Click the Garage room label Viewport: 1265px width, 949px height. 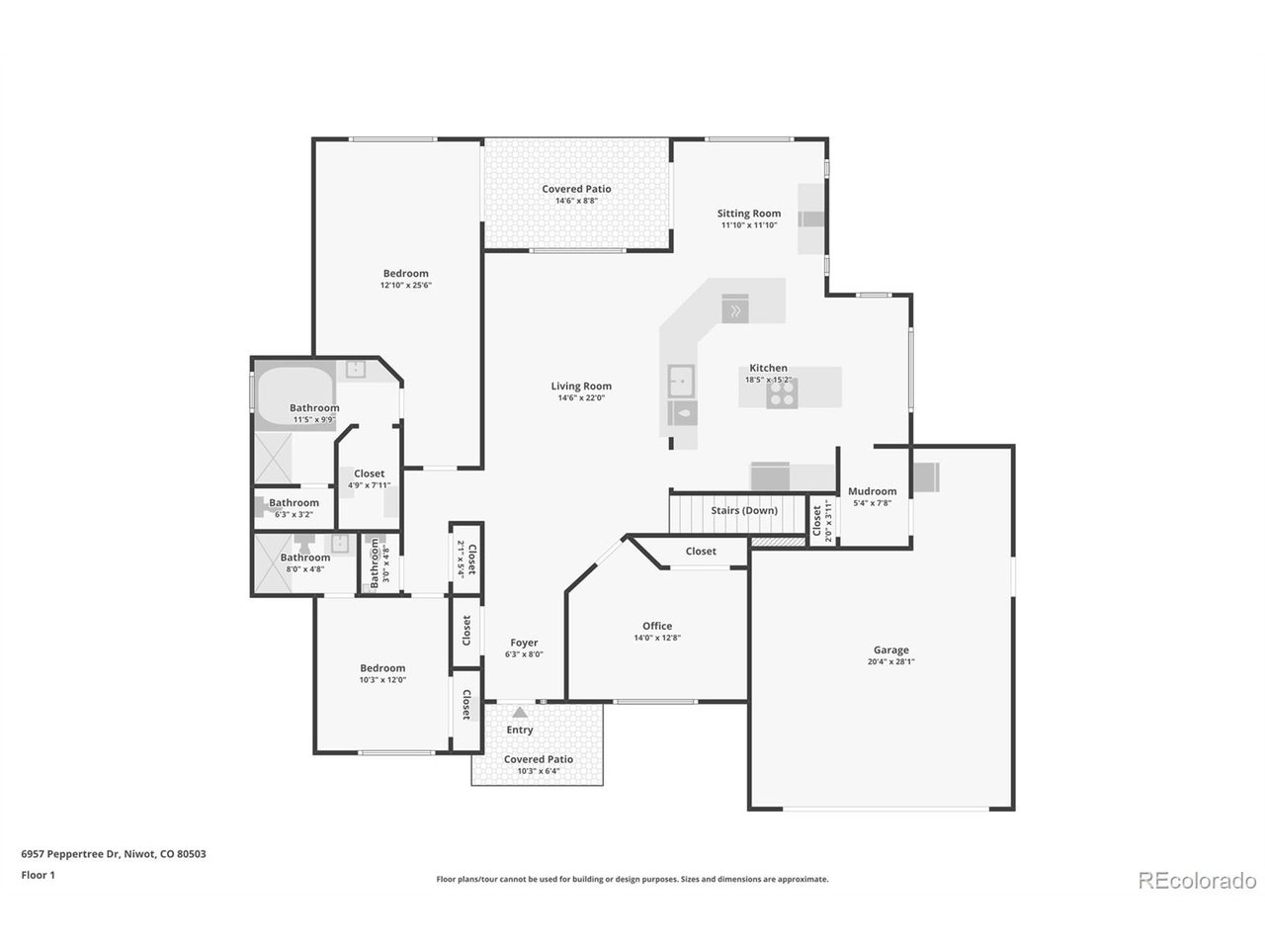tap(890, 649)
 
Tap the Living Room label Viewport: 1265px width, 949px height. tap(581, 387)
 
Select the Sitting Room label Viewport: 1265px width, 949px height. tap(749, 214)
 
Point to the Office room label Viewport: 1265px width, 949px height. tap(657, 626)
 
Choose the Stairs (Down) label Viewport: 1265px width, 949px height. tap(744, 510)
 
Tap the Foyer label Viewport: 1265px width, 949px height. tap(524, 643)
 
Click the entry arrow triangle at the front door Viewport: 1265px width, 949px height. tap(520, 710)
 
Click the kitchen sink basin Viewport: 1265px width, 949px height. tap(681, 379)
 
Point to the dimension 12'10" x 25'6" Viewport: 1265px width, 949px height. tap(406, 286)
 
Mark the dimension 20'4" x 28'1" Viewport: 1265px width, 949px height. tap(890, 662)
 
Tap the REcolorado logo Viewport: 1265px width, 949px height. tap(1197, 880)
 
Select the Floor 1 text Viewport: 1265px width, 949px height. tap(38, 875)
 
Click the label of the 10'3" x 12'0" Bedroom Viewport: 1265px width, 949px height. tap(382, 668)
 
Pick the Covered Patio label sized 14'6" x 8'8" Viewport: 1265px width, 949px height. tap(576, 189)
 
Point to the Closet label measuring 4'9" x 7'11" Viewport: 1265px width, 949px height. tap(370, 474)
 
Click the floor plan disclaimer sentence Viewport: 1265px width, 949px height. tap(632, 879)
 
